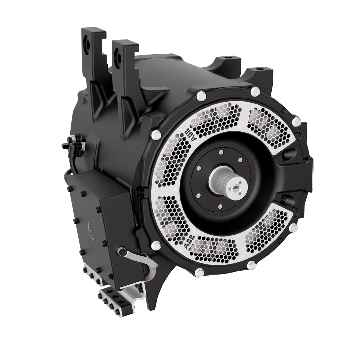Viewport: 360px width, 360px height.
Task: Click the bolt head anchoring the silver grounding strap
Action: tap(122, 251)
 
